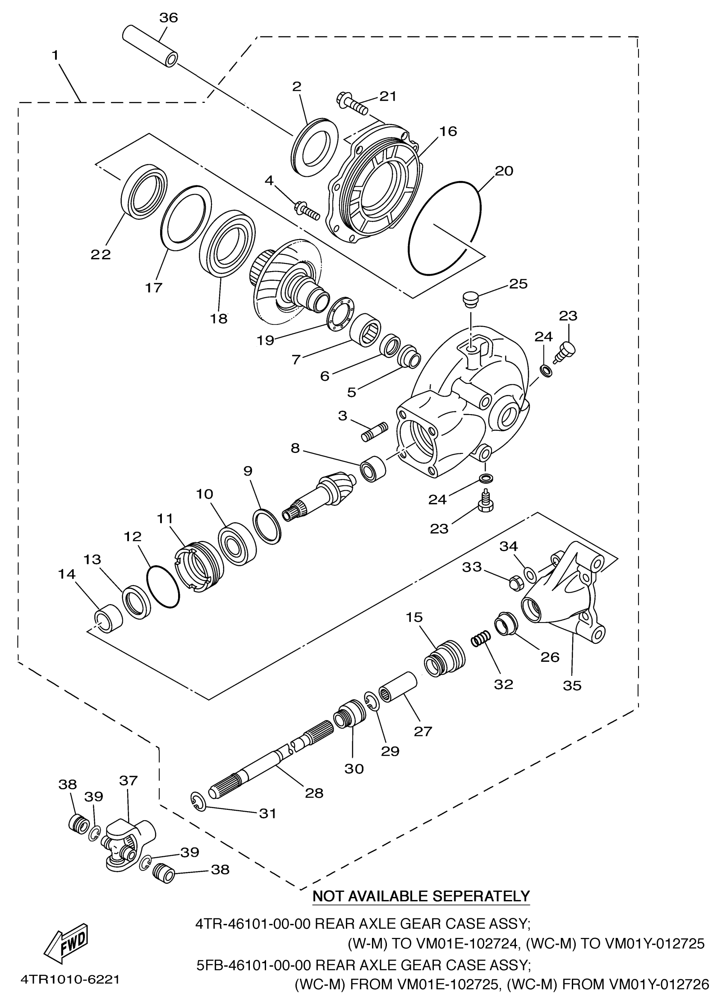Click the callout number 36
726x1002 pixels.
tap(168, 18)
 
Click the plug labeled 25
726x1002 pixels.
tap(470, 300)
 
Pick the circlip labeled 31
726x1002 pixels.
tap(199, 802)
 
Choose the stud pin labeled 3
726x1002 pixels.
tap(375, 432)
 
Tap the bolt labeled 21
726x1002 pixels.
tap(352, 102)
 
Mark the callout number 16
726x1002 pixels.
tap(448, 131)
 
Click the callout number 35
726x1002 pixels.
tap(572, 685)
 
